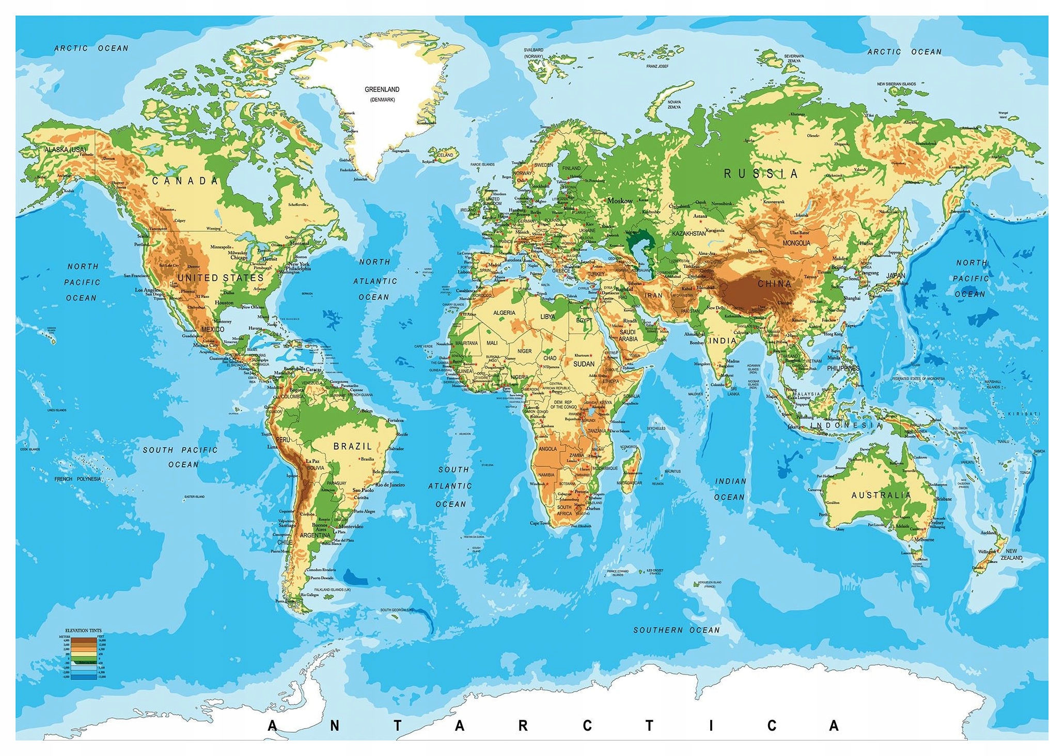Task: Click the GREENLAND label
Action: pyautogui.click(x=382, y=90)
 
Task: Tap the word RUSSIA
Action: pyautogui.click(x=760, y=174)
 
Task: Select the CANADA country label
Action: pyautogui.click(x=185, y=181)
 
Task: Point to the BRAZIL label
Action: pyautogui.click(x=352, y=446)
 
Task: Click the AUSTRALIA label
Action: pyautogui.click(x=881, y=495)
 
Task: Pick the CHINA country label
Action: pyautogui.click(x=774, y=283)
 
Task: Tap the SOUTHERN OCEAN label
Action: pyautogui.click(x=676, y=630)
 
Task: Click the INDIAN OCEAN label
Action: pyautogui.click(x=730, y=489)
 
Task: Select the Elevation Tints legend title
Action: pyautogui.click(x=83, y=631)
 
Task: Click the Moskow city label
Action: pyautogui.click(x=620, y=200)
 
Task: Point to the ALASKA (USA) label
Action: pyautogui.click(x=65, y=149)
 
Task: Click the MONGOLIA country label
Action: pyautogui.click(x=796, y=243)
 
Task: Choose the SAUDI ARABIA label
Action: pyautogui.click(x=628, y=336)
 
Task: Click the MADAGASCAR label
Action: pyautogui.click(x=629, y=483)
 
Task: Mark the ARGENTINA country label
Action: pyautogui.click(x=315, y=535)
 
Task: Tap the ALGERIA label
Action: pyautogui.click(x=504, y=313)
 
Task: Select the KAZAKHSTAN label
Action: pyautogui.click(x=689, y=233)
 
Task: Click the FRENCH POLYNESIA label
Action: pyautogui.click(x=78, y=479)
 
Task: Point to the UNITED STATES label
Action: pyautogui.click(x=221, y=278)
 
